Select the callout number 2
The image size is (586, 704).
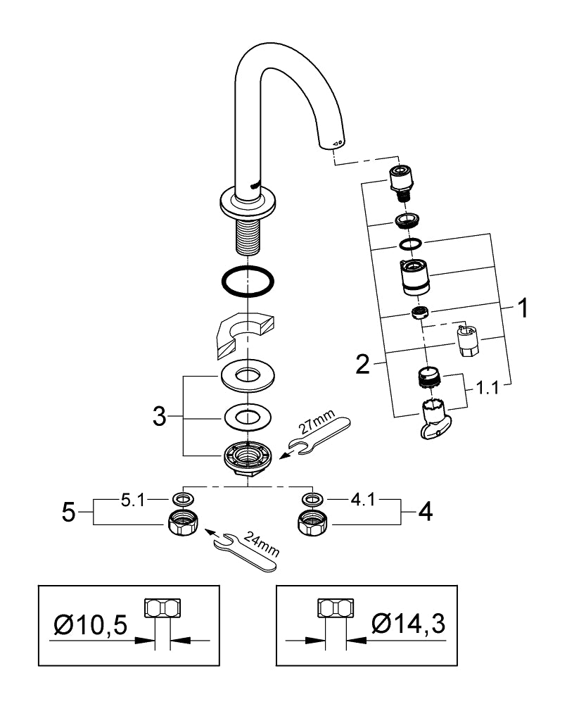363,364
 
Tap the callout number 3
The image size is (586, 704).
160,416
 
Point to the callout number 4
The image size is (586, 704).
424,512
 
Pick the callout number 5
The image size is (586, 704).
68,512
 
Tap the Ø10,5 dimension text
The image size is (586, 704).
91,622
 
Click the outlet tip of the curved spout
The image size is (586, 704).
333,144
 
